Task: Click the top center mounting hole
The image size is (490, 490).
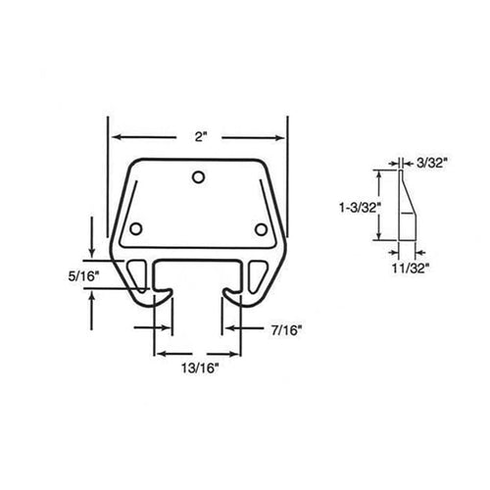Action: (x=199, y=177)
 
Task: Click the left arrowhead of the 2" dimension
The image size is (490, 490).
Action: (x=111, y=137)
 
